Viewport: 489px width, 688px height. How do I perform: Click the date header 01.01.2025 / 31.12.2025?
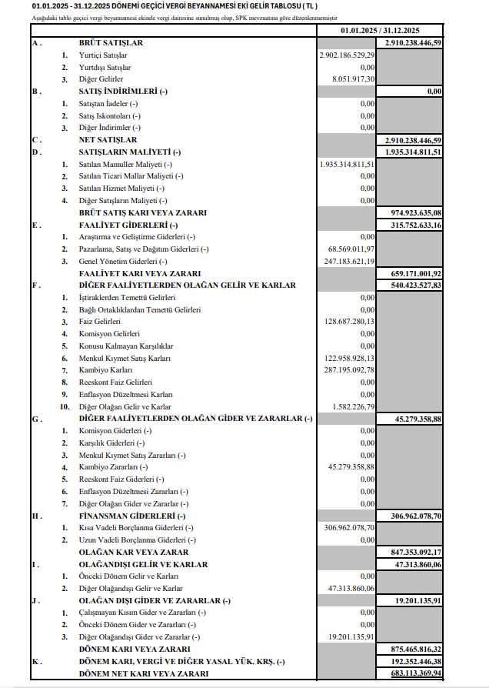(x=380, y=30)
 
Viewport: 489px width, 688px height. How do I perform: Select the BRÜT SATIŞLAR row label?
(x=111, y=43)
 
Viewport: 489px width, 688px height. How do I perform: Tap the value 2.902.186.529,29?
(x=348, y=55)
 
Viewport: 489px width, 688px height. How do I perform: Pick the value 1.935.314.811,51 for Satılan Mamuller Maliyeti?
(x=348, y=164)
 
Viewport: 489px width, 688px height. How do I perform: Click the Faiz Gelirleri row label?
(x=101, y=322)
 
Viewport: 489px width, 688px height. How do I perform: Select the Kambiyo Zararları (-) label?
(x=114, y=467)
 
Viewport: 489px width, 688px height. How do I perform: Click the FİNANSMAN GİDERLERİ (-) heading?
(x=132, y=516)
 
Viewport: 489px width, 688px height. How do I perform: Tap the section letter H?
(x=35, y=516)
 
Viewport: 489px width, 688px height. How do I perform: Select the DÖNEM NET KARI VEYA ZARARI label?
(x=144, y=673)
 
